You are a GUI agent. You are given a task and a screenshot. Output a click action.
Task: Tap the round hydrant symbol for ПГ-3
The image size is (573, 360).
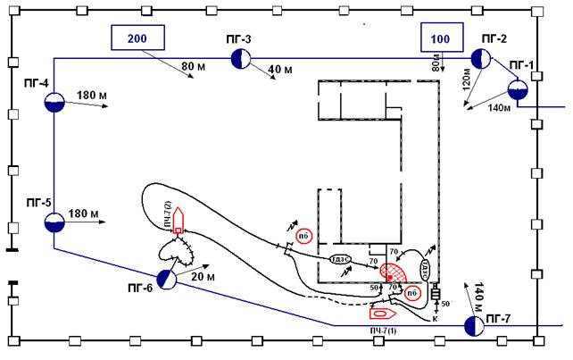[241, 60]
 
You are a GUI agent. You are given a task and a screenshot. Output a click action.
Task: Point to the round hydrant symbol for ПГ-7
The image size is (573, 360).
[474, 326]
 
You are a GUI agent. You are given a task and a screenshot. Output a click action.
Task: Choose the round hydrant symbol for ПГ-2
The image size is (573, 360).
[481, 60]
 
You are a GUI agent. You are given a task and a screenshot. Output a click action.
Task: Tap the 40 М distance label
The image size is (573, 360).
[280, 70]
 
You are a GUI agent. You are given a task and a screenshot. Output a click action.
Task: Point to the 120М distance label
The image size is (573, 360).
[464, 80]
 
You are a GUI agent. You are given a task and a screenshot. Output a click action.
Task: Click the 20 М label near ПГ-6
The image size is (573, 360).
[203, 278]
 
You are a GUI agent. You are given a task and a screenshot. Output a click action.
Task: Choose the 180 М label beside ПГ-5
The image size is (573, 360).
[94, 213]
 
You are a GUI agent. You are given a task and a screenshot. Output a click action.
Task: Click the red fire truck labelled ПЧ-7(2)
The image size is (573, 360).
[179, 221]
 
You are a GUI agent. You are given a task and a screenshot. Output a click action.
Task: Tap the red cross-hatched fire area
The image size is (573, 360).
[394, 272]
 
